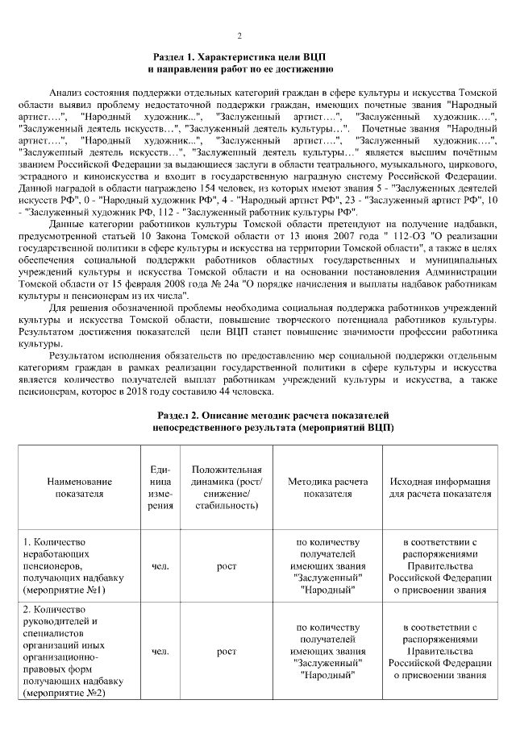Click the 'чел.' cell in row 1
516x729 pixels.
[160, 566]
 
